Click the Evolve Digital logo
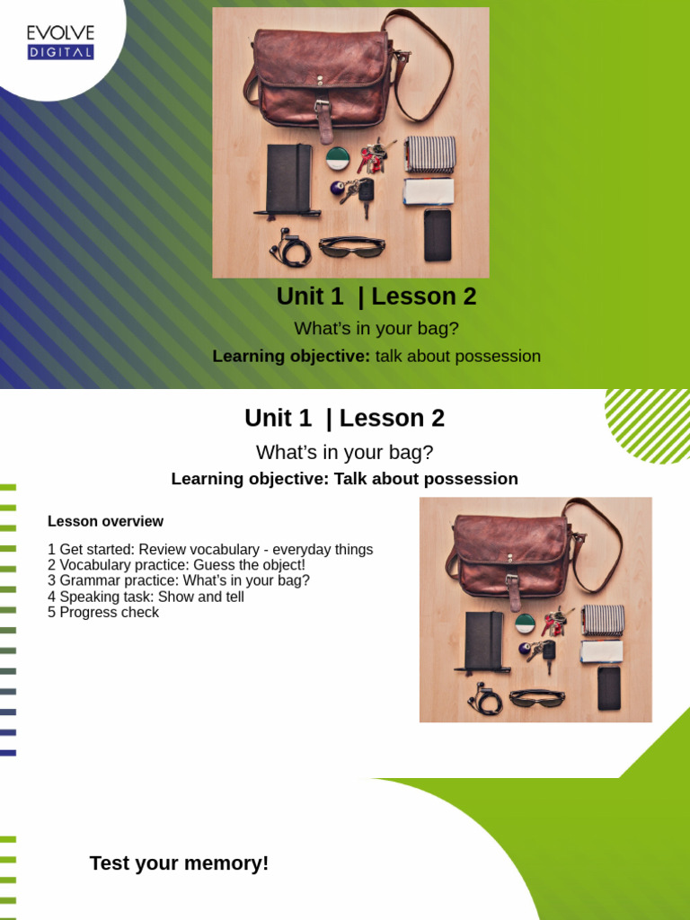point(60,42)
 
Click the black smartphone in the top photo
point(438,234)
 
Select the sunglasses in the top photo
point(350,246)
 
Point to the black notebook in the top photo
point(288,180)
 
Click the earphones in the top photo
point(291,248)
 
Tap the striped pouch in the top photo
point(430,154)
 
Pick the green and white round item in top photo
point(337,159)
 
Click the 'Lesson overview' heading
point(105,522)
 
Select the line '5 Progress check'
point(103,613)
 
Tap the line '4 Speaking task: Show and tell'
point(146,597)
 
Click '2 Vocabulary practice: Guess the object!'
point(176,565)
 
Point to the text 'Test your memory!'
point(179,864)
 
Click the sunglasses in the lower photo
point(537,697)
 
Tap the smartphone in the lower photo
point(609,687)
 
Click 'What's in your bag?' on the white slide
point(344,453)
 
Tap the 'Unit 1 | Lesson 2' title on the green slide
point(376,296)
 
